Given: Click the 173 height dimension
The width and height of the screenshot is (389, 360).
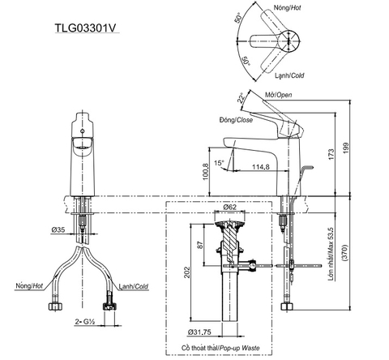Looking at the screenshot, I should [x=333, y=153].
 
